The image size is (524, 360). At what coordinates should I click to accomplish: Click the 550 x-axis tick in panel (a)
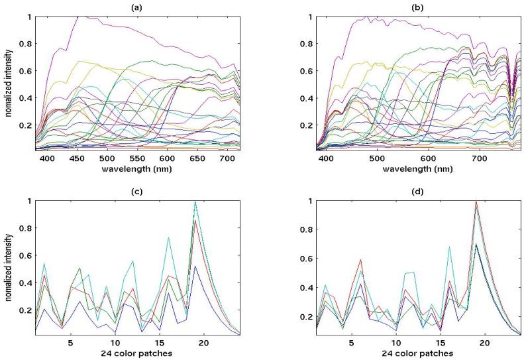pos(136,159)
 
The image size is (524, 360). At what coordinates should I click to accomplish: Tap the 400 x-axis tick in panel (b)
pos(327,159)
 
